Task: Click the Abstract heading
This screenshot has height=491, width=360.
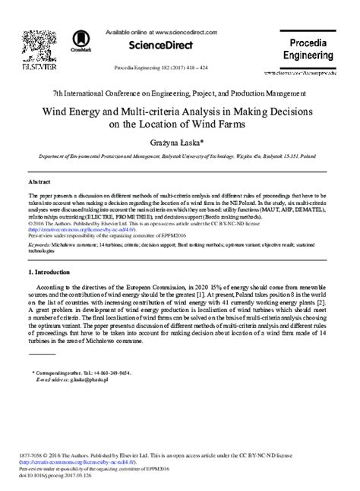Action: [38, 183]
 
